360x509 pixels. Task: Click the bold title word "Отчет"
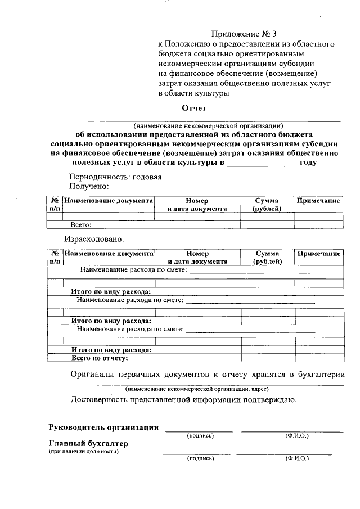[194, 108]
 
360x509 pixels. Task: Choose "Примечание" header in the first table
[318, 200]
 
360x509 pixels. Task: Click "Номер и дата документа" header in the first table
[197, 204]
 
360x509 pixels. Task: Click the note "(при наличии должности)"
[83, 452]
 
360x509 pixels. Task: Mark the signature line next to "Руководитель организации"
[198, 431]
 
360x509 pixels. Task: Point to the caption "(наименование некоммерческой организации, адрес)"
[196, 389]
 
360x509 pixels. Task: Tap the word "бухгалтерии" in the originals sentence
[321, 374]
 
